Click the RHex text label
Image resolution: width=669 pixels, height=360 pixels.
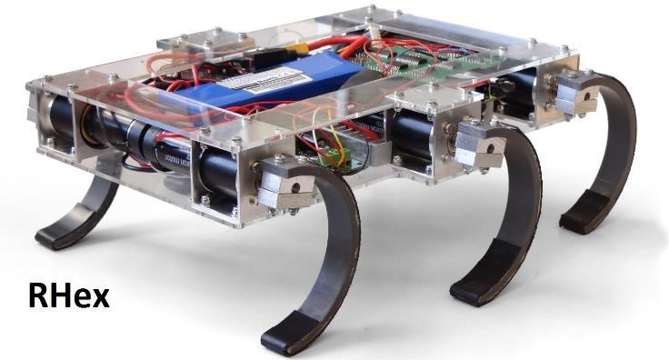(x=68, y=295)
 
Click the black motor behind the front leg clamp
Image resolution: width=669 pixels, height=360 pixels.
(x=222, y=174)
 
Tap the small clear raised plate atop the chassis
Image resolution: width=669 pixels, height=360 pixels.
(x=205, y=41)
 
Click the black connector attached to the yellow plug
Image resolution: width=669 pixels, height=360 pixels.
(x=273, y=55)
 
